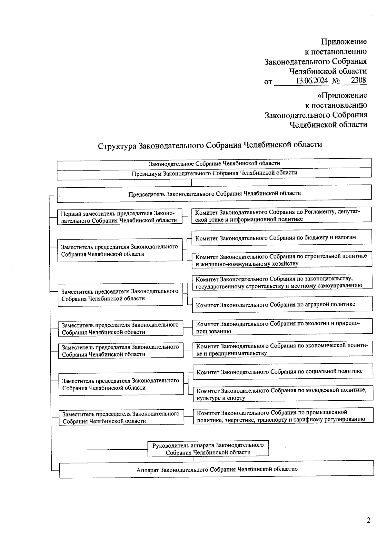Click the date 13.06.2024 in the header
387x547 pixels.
(312, 81)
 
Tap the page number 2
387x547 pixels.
(368, 520)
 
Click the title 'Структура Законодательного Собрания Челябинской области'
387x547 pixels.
(210, 145)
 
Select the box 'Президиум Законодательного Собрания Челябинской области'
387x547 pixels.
(214, 173)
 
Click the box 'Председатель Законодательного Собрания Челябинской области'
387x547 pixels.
(214, 194)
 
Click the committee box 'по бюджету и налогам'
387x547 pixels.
(282, 238)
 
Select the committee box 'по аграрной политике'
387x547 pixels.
(282, 304)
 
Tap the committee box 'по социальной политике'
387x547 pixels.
(283, 371)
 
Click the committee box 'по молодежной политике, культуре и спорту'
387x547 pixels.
(283, 394)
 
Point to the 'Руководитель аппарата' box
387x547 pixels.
(208, 449)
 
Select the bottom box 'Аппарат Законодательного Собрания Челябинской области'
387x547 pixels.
(216, 469)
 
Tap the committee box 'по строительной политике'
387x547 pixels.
(282, 260)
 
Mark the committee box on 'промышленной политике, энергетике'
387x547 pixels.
(283, 416)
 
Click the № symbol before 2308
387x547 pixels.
(335, 81)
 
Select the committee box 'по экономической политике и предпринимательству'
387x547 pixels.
(283, 349)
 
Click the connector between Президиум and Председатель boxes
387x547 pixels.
(192, 183)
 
